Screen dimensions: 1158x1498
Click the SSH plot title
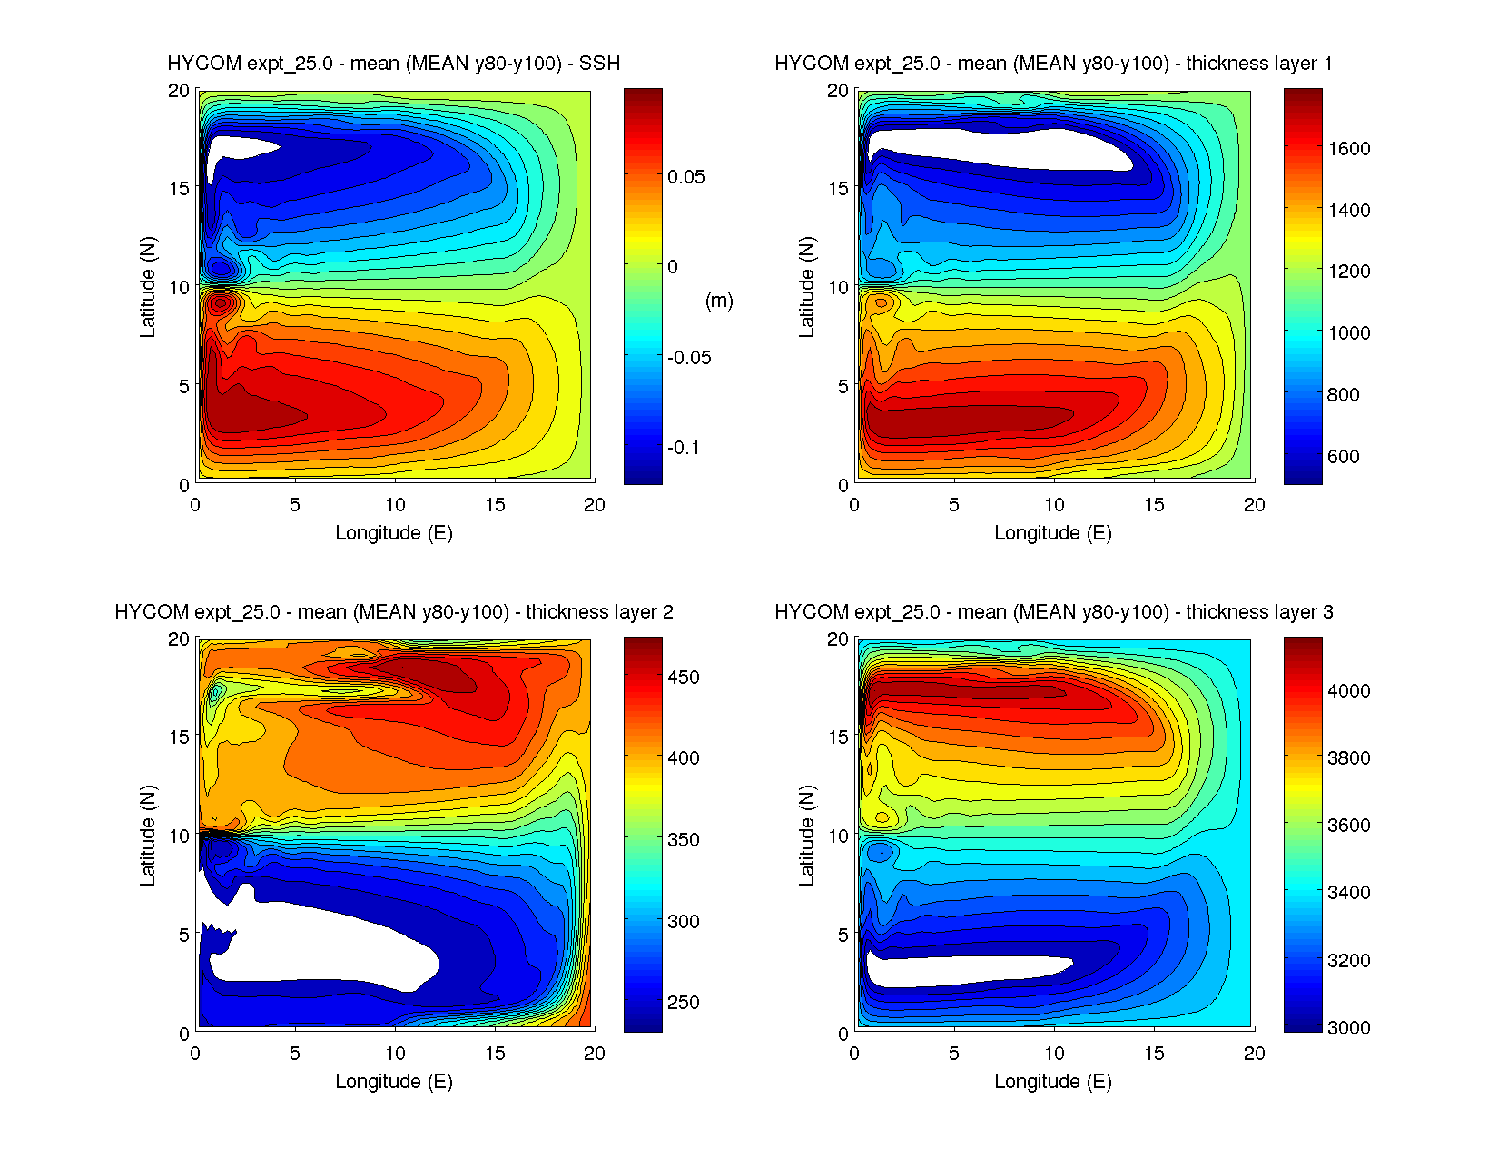pyautogui.click(x=393, y=64)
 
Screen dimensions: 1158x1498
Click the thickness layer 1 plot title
pyautogui.click(x=1053, y=64)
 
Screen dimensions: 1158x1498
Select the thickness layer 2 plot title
pyautogui.click(x=393, y=612)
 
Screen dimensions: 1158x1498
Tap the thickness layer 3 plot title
pyautogui.click(x=1053, y=612)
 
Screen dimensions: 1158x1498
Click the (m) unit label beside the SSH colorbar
pyautogui.click(x=719, y=301)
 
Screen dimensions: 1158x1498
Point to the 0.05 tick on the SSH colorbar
pyautogui.click(x=686, y=177)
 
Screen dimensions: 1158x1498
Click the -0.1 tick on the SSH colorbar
pyautogui.click(x=684, y=448)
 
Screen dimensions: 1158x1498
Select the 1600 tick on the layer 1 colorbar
pyautogui.click(x=1349, y=149)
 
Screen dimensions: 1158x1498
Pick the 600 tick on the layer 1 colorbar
pyautogui.click(x=1344, y=457)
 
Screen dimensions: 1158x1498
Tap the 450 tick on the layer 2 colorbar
pyautogui.click(x=684, y=678)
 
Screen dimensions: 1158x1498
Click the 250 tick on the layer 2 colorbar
pyautogui.click(x=684, y=1003)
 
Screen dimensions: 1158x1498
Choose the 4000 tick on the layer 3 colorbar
pyautogui.click(x=1349, y=691)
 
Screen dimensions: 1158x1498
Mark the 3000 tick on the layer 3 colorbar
pyautogui.click(x=1349, y=1028)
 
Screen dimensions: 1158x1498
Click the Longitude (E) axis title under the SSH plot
pyautogui.click(x=393, y=533)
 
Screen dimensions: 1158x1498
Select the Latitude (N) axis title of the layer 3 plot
pyautogui.click(x=806, y=836)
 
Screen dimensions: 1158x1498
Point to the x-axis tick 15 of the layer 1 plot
pyautogui.click(x=1154, y=505)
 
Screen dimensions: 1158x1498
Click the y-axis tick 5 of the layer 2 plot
pyautogui.click(x=183, y=935)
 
